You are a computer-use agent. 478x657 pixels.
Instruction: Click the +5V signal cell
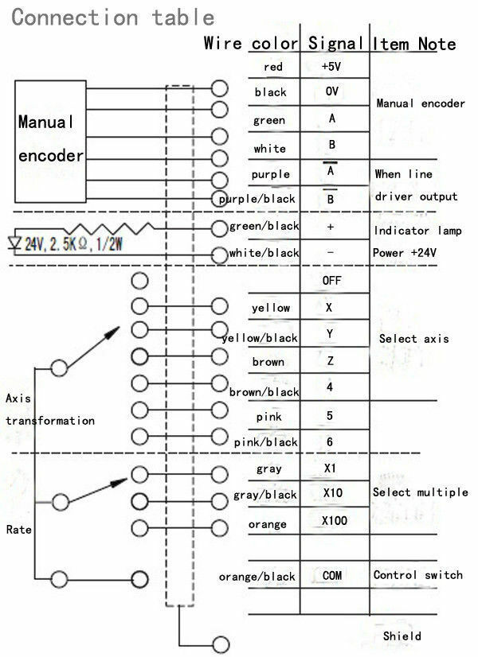pos(331,66)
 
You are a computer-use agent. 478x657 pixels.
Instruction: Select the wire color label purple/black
pos(257,199)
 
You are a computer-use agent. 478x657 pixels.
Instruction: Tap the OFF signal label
pos(331,280)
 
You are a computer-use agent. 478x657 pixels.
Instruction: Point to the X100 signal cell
pos(335,520)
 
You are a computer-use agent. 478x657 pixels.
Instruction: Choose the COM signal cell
pos(332,575)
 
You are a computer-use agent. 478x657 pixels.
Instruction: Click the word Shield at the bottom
pos(402,636)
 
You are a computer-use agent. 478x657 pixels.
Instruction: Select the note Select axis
pos(413,339)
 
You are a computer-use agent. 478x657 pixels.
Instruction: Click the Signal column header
pos(335,43)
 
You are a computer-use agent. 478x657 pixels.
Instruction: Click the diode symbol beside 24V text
pos(14,243)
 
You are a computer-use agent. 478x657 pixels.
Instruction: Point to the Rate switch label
pos(19,530)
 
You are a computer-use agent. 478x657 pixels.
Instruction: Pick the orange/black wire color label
pos(257,577)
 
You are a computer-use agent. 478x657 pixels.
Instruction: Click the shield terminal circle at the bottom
pos(221,644)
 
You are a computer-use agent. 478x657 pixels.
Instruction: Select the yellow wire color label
pos(271,308)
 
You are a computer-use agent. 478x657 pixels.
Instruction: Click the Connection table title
pos(113,17)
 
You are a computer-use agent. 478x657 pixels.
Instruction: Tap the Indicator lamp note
pos(417,231)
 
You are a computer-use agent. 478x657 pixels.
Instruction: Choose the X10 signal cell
pos(333,493)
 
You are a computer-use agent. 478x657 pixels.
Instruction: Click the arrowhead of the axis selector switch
pos(112,332)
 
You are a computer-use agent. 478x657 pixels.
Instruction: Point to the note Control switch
pos(418,575)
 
